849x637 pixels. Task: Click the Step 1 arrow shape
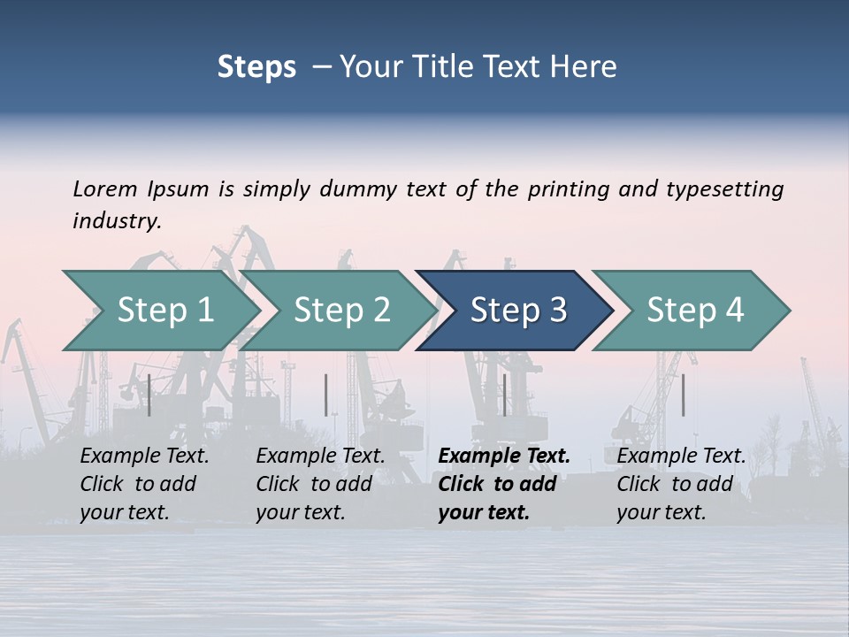[x=164, y=311]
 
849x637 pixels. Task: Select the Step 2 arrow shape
[x=340, y=311]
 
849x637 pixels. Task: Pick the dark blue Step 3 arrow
[x=517, y=311]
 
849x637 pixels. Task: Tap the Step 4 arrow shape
[x=694, y=311]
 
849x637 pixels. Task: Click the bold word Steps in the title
[x=256, y=67]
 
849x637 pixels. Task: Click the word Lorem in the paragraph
[x=103, y=189]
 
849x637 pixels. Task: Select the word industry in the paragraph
[x=117, y=221]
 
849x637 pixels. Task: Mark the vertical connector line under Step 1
[x=149, y=395]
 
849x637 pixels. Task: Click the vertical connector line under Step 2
[x=326, y=395]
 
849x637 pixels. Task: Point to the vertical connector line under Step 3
[x=504, y=395]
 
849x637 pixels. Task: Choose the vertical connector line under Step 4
[x=684, y=395]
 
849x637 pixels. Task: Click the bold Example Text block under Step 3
[x=504, y=484]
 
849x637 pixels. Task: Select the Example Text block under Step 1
[x=144, y=484]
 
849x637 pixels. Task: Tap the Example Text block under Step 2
[x=320, y=484]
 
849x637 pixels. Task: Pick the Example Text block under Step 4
[x=681, y=484]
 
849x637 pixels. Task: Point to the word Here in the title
[x=587, y=67]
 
